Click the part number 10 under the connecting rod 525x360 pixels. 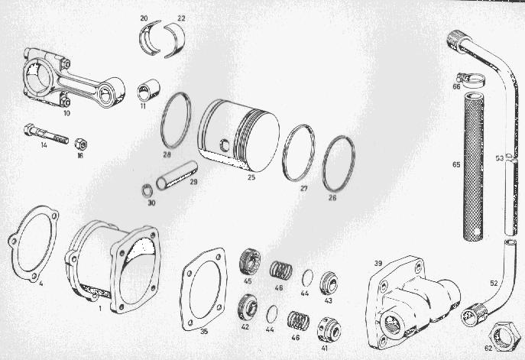pyautogui.click(x=67, y=113)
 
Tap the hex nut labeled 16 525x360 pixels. pyautogui.click(x=81, y=144)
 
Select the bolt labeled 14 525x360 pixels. pyautogui.click(x=46, y=134)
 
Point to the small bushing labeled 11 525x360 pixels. pyautogui.click(x=148, y=89)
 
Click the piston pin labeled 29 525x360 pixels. pyautogui.click(x=177, y=175)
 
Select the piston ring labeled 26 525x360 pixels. pyautogui.click(x=323, y=164)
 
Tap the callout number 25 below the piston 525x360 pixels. pyautogui.click(x=251, y=177)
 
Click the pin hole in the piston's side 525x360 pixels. pyautogui.click(x=224, y=144)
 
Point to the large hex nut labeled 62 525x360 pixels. pyautogui.click(x=501, y=336)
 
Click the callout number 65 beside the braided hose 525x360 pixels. pyautogui.click(x=456, y=165)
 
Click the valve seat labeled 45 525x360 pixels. pyautogui.click(x=250, y=262)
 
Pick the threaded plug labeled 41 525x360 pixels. pyautogui.click(x=329, y=329)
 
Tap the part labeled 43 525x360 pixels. pyautogui.click(x=329, y=284)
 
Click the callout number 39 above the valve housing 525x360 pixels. pyautogui.click(x=378, y=264)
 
